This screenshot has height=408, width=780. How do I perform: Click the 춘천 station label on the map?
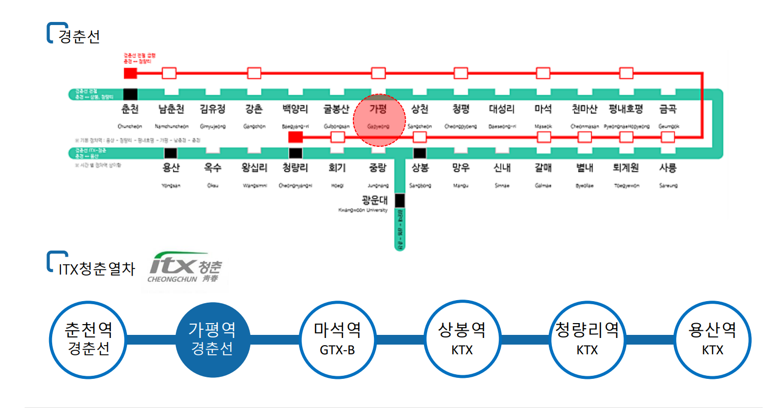(130, 109)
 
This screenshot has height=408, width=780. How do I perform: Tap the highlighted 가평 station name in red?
(378, 109)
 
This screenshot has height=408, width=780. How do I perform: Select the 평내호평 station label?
(626, 109)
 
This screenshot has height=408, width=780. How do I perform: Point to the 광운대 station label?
(375, 200)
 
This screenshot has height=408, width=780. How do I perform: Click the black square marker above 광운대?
(399, 200)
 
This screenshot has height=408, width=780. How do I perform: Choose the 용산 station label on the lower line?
(171, 168)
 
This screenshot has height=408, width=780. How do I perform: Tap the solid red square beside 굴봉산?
(296, 137)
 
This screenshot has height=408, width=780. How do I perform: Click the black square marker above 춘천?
(130, 94)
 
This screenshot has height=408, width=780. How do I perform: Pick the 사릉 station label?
(668, 168)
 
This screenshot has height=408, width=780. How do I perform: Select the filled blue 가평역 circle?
(212, 339)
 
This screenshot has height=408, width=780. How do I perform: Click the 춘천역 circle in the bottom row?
(88, 339)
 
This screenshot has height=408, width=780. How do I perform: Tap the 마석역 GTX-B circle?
(338, 339)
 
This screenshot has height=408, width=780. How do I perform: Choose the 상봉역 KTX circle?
(462, 339)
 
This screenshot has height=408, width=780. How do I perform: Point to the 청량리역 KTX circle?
(587, 339)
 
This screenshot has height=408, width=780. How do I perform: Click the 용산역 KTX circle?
(712, 339)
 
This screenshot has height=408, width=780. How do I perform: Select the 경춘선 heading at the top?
(79, 36)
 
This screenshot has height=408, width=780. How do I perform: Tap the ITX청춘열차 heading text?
(97, 269)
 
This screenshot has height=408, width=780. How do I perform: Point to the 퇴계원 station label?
(626, 168)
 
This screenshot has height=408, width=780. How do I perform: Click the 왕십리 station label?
(254, 168)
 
